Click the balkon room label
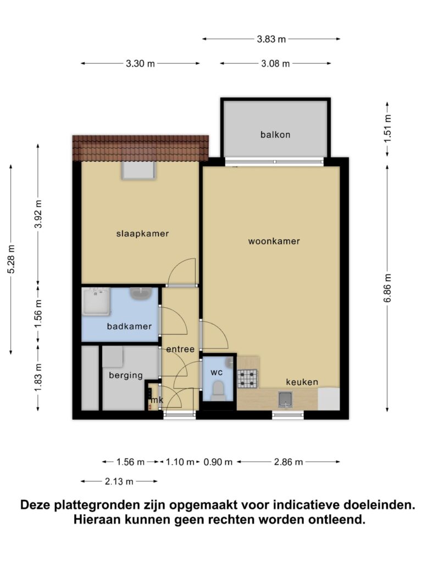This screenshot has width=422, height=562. [275, 135]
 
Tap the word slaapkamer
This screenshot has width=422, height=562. [142, 234]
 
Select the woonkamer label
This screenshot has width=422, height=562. [274, 241]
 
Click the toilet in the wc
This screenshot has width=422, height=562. [219, 390]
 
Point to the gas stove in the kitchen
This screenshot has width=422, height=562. [247, 379]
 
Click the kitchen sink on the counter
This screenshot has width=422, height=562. [286, 400]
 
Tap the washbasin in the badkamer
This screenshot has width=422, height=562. [141, 294]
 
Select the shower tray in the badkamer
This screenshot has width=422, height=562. [96, 302]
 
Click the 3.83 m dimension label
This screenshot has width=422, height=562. [271, 39]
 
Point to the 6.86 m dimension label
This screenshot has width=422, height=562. [387, 288]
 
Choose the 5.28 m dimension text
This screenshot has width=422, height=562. [11, 259]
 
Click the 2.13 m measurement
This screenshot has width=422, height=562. [119, 481]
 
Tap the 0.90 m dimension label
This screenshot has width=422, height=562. [218, 462]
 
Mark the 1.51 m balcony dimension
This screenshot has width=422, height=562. [387, 129]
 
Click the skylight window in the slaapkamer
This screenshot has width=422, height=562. [138, 170]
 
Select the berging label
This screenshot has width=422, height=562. [126, 375]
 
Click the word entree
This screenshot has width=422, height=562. [180, 349]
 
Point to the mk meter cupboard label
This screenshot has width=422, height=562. [157, 400]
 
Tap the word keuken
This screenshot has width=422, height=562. [302, 382]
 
